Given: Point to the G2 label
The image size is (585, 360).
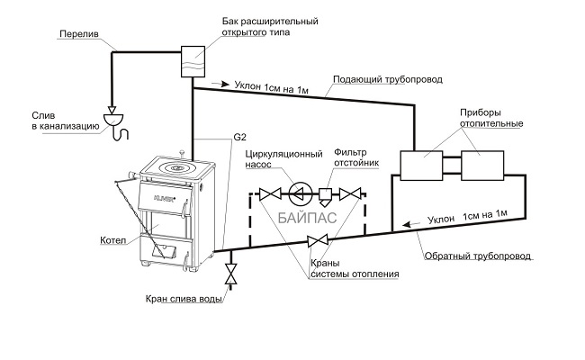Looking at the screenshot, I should [239, 138].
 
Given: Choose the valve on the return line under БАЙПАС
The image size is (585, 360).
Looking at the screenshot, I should [316, 240].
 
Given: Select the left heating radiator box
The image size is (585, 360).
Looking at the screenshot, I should [420, 166].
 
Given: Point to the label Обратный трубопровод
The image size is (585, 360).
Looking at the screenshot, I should [478, 256].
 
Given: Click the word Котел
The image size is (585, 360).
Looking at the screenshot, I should [113, 241].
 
